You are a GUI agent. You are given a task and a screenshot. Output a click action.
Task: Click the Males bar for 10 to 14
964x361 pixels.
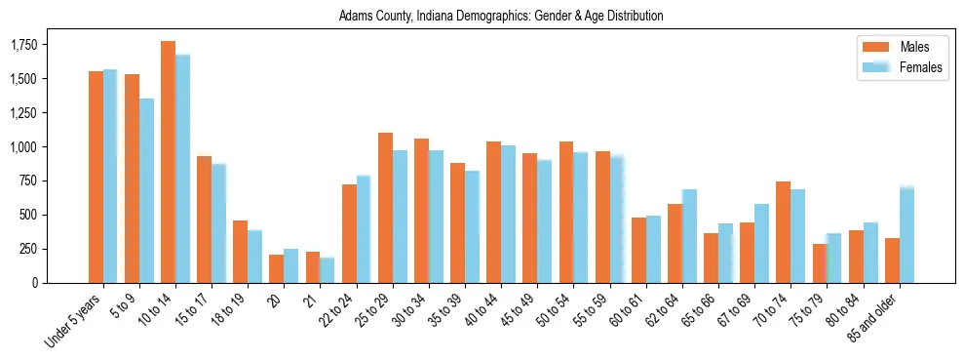(168, 162)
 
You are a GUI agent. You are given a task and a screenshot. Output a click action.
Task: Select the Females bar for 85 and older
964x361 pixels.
(906, 234)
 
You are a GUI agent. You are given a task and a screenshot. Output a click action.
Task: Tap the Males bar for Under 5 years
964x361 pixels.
(96, 177)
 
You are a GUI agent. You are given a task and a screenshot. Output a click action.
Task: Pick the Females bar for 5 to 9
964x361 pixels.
(146, 190)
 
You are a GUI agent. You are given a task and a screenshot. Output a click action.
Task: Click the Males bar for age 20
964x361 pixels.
(276, 268)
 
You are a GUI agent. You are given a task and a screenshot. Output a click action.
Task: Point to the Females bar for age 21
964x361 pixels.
(327, 270)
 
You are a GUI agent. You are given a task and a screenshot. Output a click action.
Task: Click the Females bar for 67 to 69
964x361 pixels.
(761, 243)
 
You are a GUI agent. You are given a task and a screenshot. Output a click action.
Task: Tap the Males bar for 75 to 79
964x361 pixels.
(820, 263)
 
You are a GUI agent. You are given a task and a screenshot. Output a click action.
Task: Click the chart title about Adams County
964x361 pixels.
(501, 17)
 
